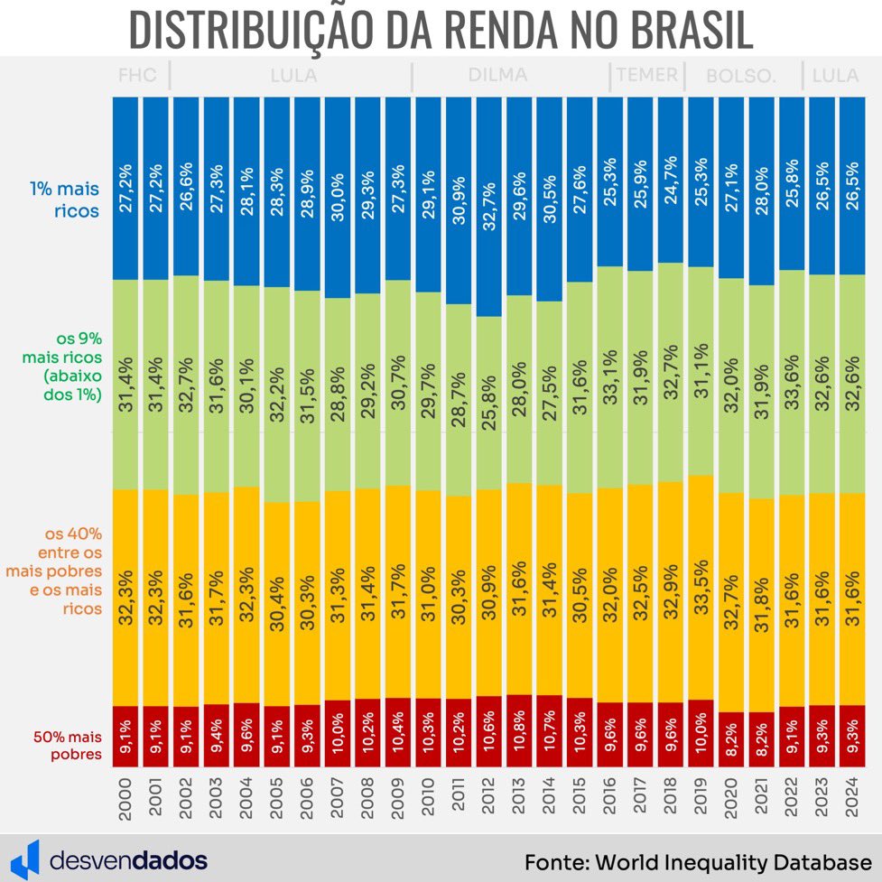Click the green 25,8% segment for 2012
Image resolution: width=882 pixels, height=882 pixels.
(x=488, y=403)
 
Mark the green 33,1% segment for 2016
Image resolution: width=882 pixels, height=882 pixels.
(x=610, y=377)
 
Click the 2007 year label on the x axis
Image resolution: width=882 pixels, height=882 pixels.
(x=338, y=797)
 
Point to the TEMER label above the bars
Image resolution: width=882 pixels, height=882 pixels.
(x=646, y=76)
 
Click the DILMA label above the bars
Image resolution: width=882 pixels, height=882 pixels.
(x=497, y=76)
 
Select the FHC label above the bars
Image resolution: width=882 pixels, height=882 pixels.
(x=137, y=76)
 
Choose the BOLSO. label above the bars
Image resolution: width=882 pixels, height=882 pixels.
(x=741, y=76)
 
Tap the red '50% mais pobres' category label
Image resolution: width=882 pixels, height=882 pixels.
(x=67, y=746)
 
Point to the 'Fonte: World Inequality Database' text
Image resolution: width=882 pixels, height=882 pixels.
(x=697, y=859)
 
